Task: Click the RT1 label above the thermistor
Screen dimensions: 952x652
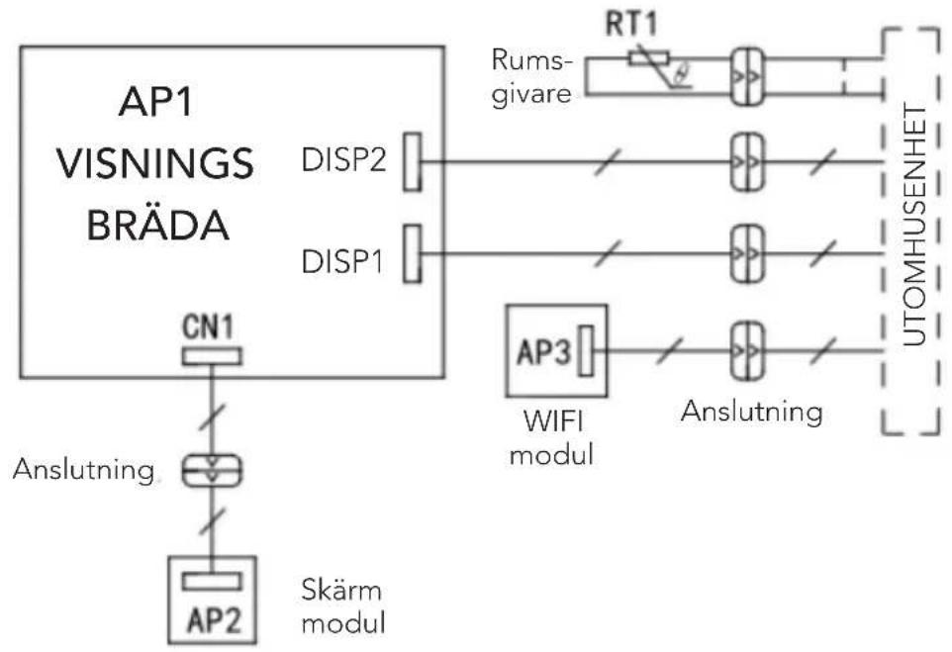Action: point(631,25)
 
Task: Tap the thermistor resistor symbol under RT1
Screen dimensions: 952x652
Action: point(648,59)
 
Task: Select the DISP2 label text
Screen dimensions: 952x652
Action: point(343,161)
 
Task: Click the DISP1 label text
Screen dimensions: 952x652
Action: point(342,261)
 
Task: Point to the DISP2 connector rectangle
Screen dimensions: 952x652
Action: point(413,162)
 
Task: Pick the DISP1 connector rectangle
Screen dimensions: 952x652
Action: point(413,253)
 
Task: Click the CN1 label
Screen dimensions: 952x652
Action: point(208,327)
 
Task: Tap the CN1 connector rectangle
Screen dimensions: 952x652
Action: point(212,356)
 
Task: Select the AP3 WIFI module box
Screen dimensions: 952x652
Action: point(557,351)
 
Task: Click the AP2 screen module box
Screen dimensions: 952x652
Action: point(212,600)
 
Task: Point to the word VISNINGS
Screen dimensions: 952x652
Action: point(155,163)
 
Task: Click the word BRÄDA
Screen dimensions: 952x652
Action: point(158,226)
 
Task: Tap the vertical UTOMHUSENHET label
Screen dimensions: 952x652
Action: point(914,226)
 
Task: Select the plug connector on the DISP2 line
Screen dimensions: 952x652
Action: point(747,162)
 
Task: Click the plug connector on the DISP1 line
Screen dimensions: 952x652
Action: point(747,253)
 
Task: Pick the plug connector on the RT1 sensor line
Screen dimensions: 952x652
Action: point(747,77)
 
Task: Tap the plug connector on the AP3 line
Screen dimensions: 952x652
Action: point(747,351)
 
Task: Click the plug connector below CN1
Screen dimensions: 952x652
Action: point(212,471)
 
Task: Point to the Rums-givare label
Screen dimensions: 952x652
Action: point(531,77)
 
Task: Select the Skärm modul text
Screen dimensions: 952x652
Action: point(343,605)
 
